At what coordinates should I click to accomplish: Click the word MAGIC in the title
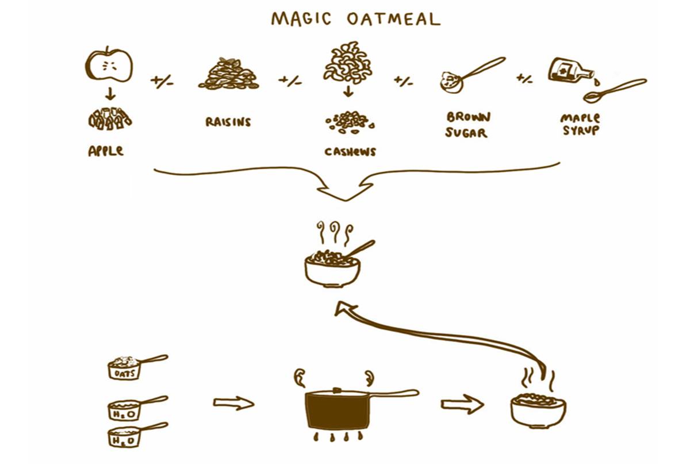point(301,19)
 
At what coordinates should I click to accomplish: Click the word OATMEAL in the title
point(394,19)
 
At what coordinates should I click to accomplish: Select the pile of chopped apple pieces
point(110,119)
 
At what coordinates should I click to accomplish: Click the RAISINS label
point(228,121)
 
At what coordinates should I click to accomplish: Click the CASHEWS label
point(350,151)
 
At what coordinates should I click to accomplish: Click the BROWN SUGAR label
point(467,125)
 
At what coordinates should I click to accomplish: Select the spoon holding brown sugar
point(472,75)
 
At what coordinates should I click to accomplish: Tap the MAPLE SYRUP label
point(580,124)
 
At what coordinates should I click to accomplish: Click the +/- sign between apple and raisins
point(162,81)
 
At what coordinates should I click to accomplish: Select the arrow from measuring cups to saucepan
point(233,403)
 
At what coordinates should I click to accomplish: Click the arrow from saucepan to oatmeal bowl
point(462,404)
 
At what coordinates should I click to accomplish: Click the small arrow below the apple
point(110,94)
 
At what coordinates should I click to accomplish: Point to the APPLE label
point(106,151)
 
